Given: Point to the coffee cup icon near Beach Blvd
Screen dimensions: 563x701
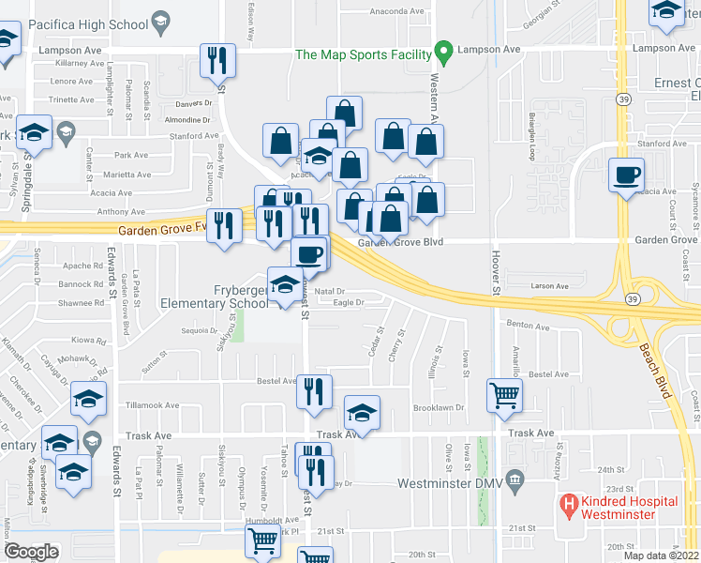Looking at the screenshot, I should [625, 174].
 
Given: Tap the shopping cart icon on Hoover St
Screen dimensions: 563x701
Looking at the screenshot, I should [504, 395].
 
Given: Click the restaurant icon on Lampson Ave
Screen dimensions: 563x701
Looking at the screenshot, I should [217, 61].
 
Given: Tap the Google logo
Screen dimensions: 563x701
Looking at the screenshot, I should [31, 552].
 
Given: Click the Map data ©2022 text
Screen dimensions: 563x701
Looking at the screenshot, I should [661, 555].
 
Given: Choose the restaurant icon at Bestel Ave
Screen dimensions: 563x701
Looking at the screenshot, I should [314, 389].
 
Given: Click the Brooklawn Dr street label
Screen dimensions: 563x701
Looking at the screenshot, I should [440, 407].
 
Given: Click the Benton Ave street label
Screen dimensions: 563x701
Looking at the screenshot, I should [528, 327].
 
